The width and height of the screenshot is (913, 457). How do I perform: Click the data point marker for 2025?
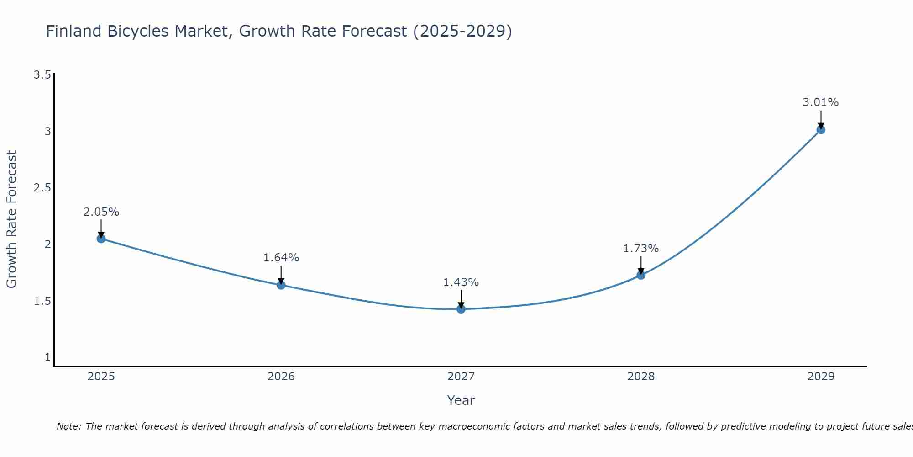point(101,239)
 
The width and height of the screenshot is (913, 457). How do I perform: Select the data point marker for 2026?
point(281,285)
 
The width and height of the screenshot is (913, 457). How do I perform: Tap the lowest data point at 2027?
point(461,309)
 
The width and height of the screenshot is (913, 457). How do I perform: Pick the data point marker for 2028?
point(641,275)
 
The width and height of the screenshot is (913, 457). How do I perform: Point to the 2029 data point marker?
point(821,130)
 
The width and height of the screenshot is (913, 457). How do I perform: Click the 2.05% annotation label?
point(101,212)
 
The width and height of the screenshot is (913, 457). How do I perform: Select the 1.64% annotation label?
point(281,258)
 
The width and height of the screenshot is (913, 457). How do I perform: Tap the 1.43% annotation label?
point(461,282)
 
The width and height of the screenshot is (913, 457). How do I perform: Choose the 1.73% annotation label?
point(641,249)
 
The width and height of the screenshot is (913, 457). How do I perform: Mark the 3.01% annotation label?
point(821,102)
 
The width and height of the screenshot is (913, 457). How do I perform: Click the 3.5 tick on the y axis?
point(42,75)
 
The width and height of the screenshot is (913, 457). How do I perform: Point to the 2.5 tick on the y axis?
point(42,188)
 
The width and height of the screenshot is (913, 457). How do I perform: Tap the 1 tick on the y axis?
point(47,357)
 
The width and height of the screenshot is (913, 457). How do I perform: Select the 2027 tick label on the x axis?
point(461,377)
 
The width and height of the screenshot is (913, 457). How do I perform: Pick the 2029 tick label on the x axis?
point(821,377)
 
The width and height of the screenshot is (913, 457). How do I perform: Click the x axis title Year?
point(461,400)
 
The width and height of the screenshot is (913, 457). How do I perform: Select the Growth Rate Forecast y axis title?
point(11,219)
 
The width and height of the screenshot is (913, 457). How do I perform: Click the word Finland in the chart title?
point(74,31)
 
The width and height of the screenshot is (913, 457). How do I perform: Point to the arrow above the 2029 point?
point(821,120)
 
